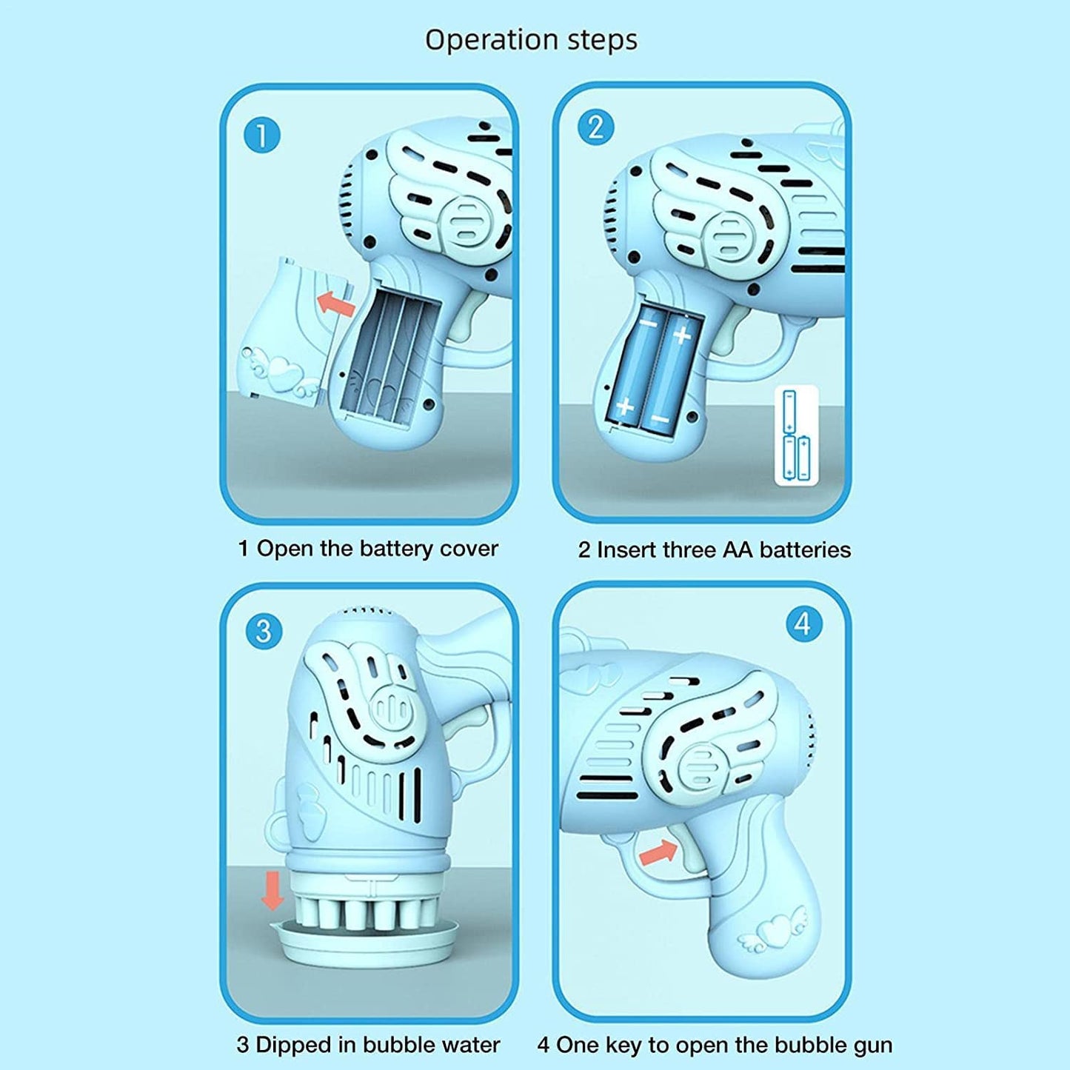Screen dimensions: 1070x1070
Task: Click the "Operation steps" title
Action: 532,40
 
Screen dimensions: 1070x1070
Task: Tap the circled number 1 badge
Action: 261,136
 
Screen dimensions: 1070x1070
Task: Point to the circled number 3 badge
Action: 263,631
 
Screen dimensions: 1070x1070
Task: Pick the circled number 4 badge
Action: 805,625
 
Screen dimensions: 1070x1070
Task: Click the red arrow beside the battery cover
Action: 335,304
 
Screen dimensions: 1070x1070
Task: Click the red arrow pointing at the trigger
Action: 658,852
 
